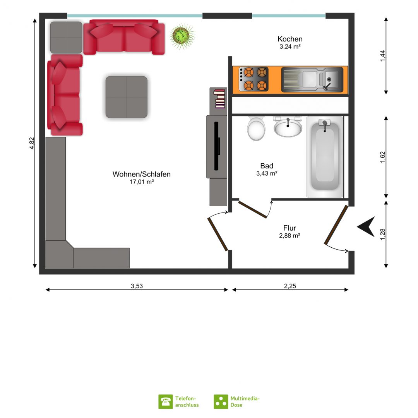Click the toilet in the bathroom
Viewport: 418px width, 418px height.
(256, 128)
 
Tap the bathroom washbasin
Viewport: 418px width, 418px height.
(288, 127)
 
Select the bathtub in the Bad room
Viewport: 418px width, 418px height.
(325, 157)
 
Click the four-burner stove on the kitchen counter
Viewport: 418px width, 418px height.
(253, 79)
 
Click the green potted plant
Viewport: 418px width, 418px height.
(182, 36)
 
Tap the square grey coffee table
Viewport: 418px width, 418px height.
(126, 97)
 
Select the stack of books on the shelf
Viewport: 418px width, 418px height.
(219, 99)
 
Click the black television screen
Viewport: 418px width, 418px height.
(217, 146)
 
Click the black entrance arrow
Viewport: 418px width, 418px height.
(367, 226)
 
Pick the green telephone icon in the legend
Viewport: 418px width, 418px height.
(166, 402)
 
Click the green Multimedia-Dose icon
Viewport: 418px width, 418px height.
(221, 402)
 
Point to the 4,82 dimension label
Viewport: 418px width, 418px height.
(32, 143)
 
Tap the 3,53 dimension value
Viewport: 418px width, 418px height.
(137, 286)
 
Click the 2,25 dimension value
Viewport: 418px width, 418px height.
(290, 286)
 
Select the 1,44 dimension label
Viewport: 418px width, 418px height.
(382, 56)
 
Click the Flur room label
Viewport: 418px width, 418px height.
(290, 228)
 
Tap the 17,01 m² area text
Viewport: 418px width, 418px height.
(142, 182)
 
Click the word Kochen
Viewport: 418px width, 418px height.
(290, 39)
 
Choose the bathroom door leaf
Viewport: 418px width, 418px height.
(252, 209)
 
